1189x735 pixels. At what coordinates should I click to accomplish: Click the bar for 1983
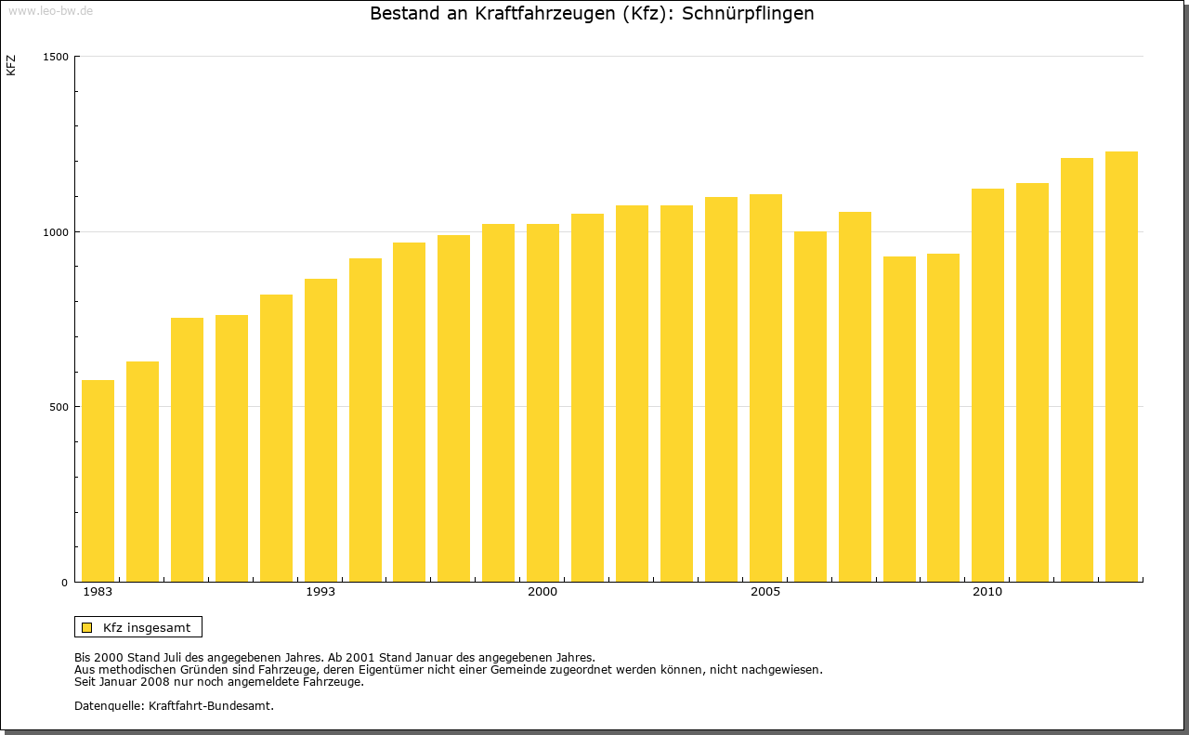coord(98,480)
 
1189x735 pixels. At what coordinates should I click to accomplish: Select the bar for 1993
coord(320,430)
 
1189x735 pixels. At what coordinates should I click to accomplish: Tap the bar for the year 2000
coord(542,402)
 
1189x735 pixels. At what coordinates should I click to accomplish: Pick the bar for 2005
coord(765,387)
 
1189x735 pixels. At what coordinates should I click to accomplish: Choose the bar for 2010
coord(987,385)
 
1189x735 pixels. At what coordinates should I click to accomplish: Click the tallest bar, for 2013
coord(1121,366)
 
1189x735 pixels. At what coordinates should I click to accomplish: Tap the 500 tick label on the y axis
coord(59,407)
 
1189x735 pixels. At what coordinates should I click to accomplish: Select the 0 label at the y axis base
coord(65,583)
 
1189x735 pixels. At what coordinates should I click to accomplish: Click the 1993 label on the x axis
coord(320,592)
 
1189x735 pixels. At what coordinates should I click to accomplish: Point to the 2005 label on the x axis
coord(765,592)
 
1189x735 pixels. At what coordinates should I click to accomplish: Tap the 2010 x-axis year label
coord(987,592)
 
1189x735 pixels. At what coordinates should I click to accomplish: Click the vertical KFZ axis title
coord(11,65)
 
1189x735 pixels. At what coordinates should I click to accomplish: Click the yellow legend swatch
coord(86,627)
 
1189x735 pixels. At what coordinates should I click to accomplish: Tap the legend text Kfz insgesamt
coord(147,627)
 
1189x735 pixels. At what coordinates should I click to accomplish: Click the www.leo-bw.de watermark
coord(49,9)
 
